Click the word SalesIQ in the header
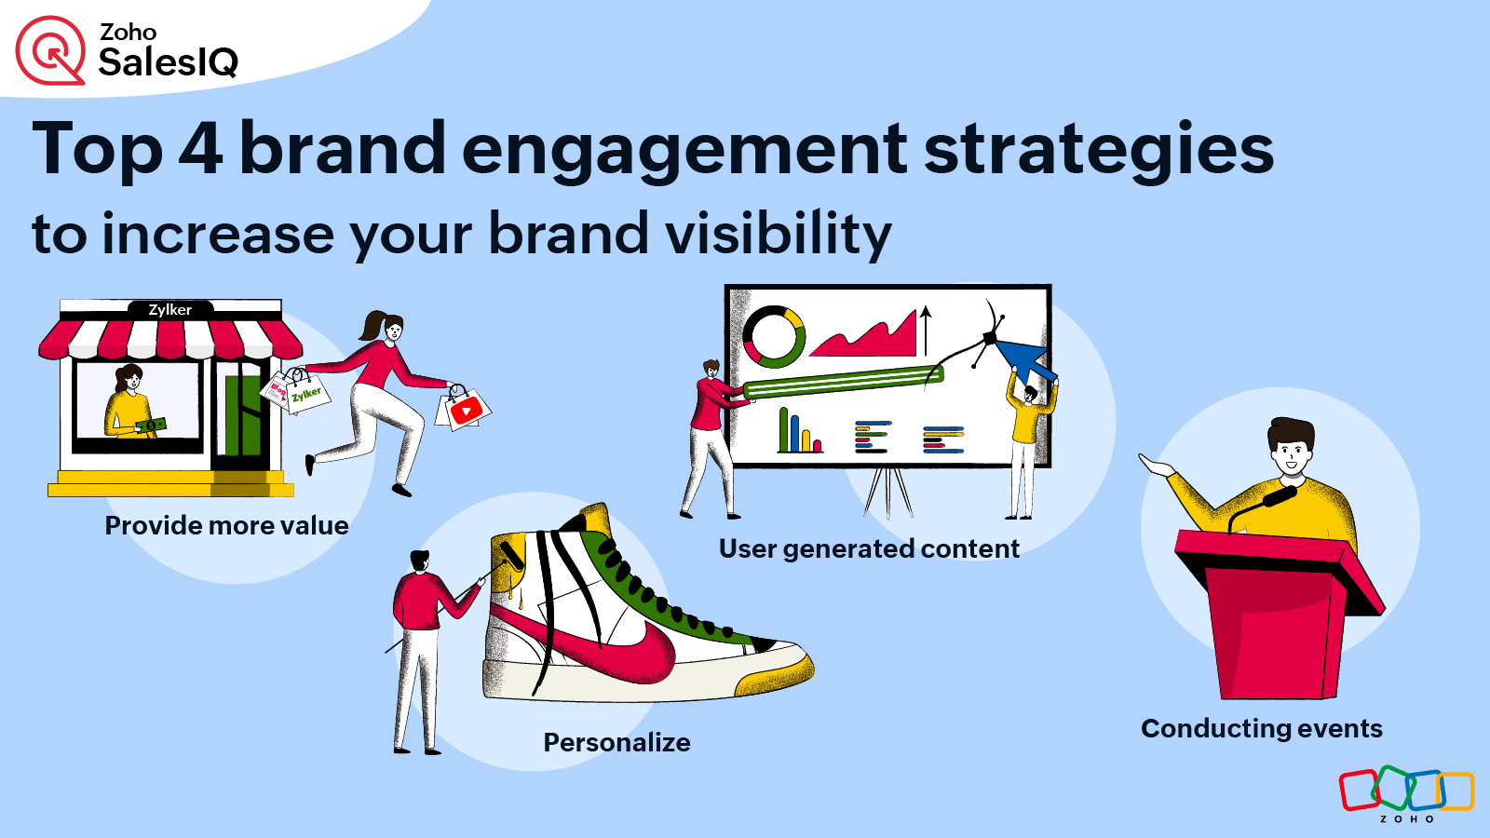point(169,63)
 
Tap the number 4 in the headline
point(200,149)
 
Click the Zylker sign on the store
point(170,310)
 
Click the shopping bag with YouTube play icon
point(465,410)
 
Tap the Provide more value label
point(226,526)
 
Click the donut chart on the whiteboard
point(773,337)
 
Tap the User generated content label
point(869,549)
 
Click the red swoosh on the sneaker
point(615,652)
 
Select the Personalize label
point(616,743)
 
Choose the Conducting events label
point(1261,729)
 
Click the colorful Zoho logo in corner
point(1406,791)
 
